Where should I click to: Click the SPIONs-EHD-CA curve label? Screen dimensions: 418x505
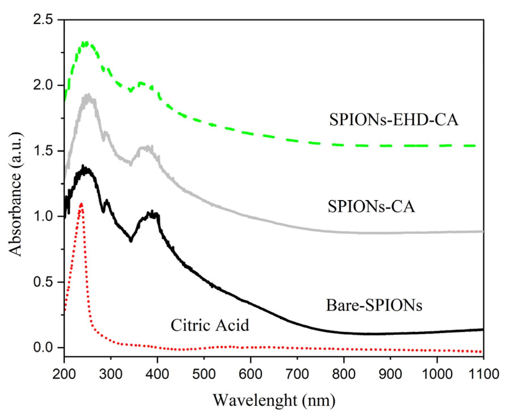393,120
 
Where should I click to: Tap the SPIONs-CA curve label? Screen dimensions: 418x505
371,206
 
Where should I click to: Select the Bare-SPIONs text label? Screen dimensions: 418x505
374,305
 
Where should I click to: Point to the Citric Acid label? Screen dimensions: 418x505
210,325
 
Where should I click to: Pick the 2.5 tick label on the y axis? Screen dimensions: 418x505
43,20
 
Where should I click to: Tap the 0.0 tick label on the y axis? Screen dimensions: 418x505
43,347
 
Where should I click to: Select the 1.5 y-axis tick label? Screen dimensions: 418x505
43,151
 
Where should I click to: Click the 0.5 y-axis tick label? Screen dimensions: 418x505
43,282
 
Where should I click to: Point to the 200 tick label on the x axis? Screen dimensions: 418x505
64,374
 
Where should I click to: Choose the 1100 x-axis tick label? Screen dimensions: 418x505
483,374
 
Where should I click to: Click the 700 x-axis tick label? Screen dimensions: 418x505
297,374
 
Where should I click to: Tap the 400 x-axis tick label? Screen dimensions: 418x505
157,374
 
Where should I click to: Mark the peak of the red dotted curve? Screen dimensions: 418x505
81,203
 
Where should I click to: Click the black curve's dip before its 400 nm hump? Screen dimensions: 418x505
131,240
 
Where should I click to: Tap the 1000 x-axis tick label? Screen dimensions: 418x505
437,374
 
